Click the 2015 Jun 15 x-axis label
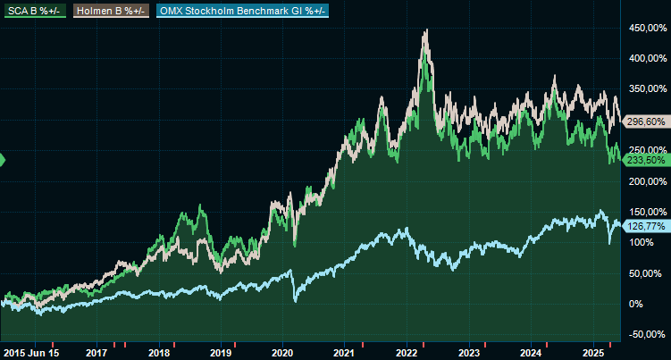(x=31, y=353)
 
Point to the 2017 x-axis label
(x=96, y=353)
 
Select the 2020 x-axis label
(x=282, y=353)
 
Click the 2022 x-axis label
(x=407, y=353)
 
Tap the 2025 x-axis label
(x=592, y=353)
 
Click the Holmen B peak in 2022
(x=426, y=30)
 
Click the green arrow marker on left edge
(x=3, y=160)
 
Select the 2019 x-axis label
(x=221, y=353)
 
